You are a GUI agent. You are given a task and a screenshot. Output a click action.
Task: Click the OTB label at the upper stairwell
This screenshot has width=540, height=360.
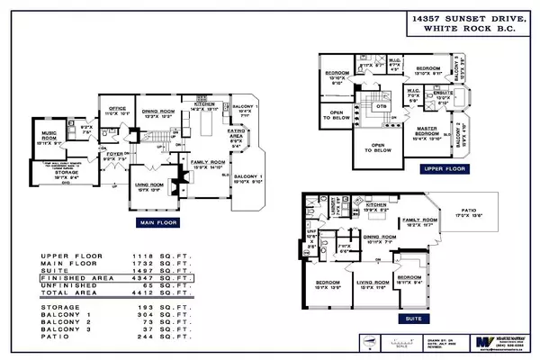point(382,105)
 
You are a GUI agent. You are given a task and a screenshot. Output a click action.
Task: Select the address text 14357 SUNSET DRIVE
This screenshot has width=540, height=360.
point(442,18)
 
